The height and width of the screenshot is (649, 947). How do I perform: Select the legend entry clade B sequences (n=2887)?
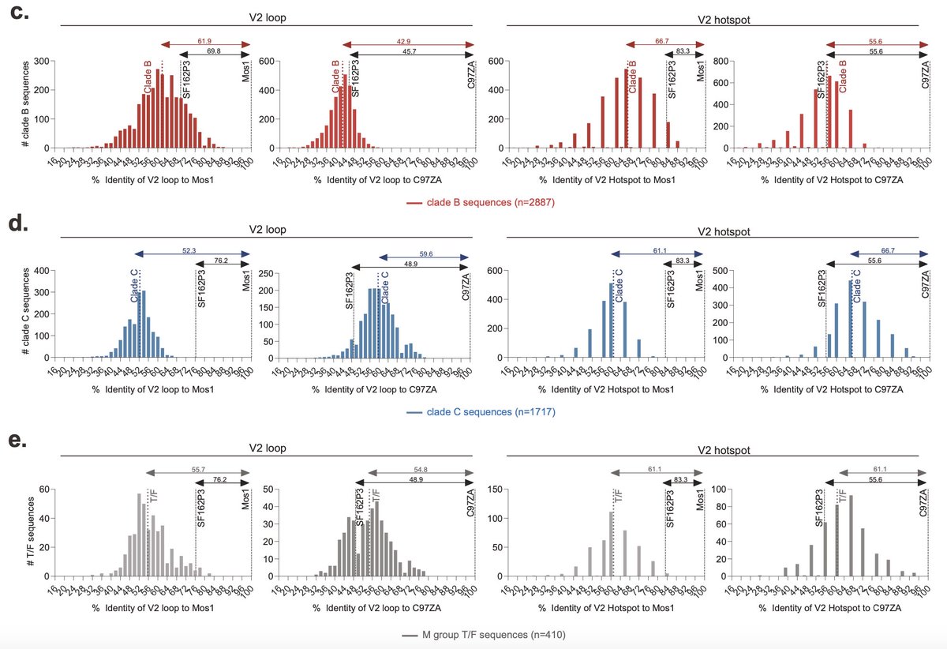coord(481,203)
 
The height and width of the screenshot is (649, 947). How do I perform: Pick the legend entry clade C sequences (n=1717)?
coord(481,412)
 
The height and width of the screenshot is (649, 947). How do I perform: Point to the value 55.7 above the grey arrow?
coord(198,468)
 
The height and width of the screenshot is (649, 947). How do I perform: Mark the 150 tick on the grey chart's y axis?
coord(477,489)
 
